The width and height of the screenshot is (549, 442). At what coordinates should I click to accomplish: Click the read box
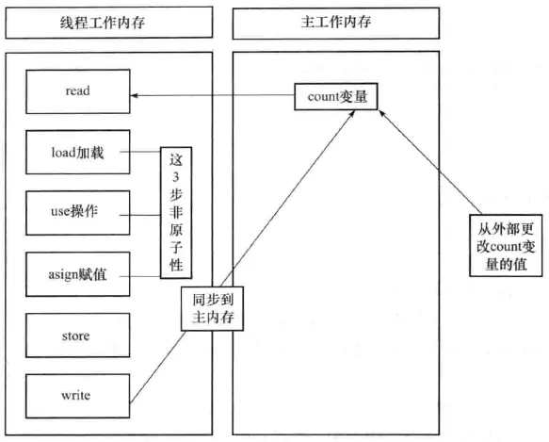point(77,93)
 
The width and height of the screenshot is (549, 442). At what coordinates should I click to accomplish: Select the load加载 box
point(77,151)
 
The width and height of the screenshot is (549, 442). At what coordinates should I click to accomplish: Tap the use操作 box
point(77,213)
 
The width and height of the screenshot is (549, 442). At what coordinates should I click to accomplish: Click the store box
point(77,335)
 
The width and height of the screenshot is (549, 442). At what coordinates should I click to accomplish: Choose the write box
point(77,397)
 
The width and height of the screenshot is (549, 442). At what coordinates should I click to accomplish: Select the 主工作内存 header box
point(335,22)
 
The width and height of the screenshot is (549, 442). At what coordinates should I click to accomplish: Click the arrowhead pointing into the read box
point(134,95)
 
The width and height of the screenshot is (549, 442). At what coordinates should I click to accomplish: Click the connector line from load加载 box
point(143,151)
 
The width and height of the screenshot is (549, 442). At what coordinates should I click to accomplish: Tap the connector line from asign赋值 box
point(143,274)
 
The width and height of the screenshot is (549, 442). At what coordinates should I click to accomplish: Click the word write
point(77,397)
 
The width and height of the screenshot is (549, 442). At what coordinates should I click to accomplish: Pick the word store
point(77,335)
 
